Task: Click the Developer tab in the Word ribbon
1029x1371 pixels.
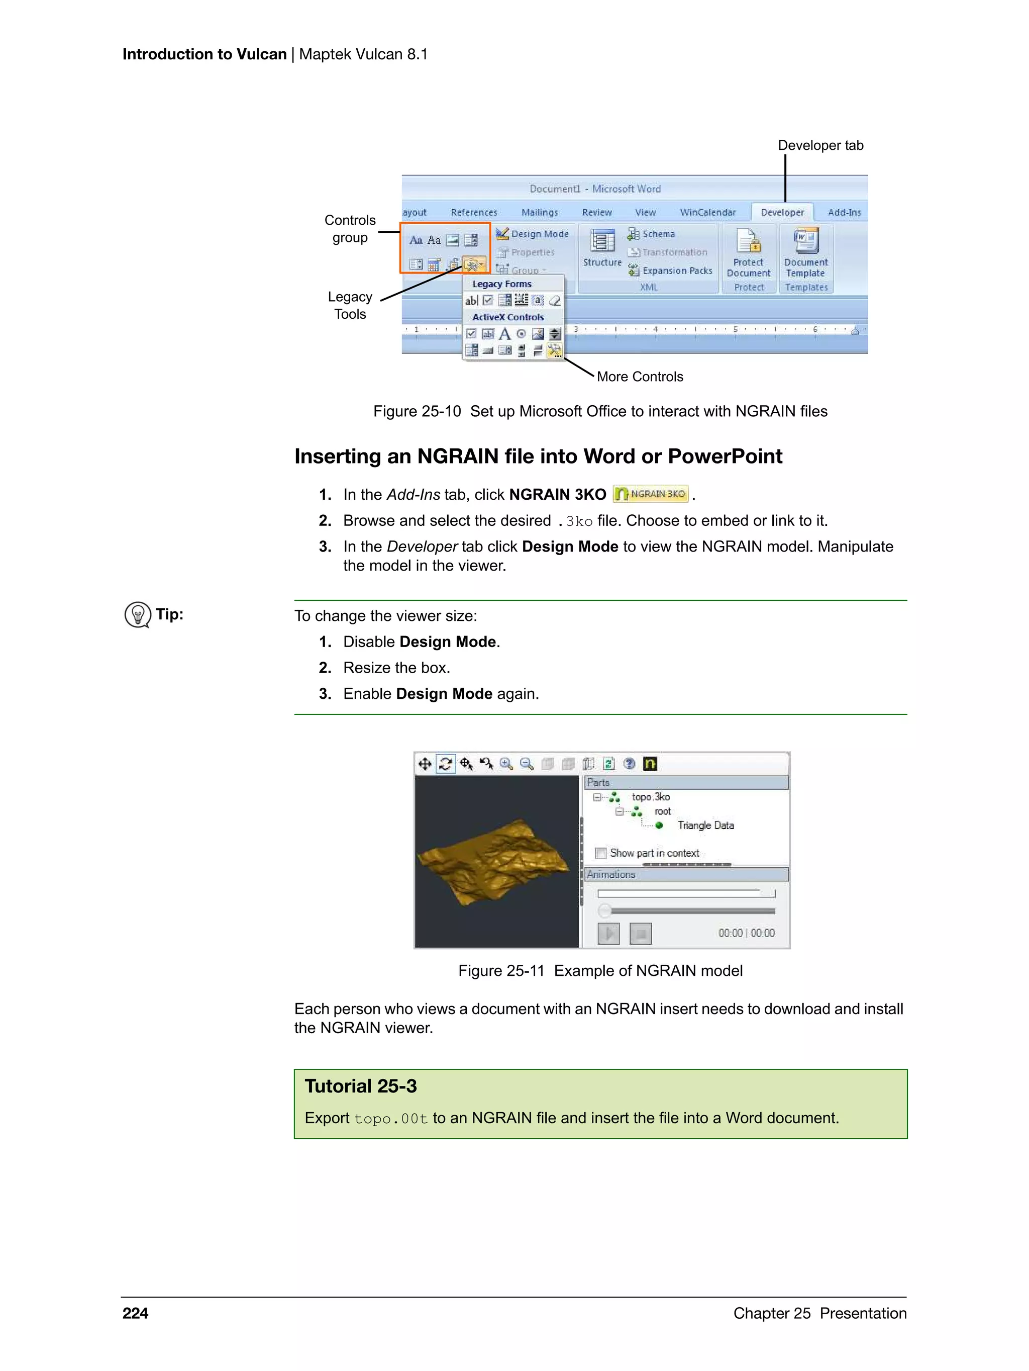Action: pyautogui.click(x=782, y=213)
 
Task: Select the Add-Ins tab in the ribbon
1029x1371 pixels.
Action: pyautogui.click(x=844, y=213)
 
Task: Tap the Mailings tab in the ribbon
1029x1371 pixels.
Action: pyautogui.click(x=539, y=213)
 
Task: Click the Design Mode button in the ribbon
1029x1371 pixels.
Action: pyautogui.click(x=532, y=234)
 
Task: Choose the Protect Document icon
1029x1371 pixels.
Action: pyautogui.click(x=748, y=241)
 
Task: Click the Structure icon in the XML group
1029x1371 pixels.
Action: pyautogui.click(x=601, y=242)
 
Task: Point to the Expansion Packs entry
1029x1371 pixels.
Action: pyautogui.click(x=676, y=271)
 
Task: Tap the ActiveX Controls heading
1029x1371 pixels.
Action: pyautogui.click(x=508, y=317)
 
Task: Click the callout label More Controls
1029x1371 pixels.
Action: pyautogui.click(x=639, y=377)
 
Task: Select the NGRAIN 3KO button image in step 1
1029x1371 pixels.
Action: pyautogui.click(x=651, y=494)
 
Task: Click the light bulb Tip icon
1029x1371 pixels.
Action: pyautogui.click(x=138, y=615)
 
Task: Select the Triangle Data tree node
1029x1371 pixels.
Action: pyautogui.click(x=705, y=826)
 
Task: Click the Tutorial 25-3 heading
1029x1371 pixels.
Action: pyautogui.click(x=361, y=1086)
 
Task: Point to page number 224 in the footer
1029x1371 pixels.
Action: pyautogui.click(x=136, y=1313)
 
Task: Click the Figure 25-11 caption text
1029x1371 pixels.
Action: pyautogui.click(x=600, y=971)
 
